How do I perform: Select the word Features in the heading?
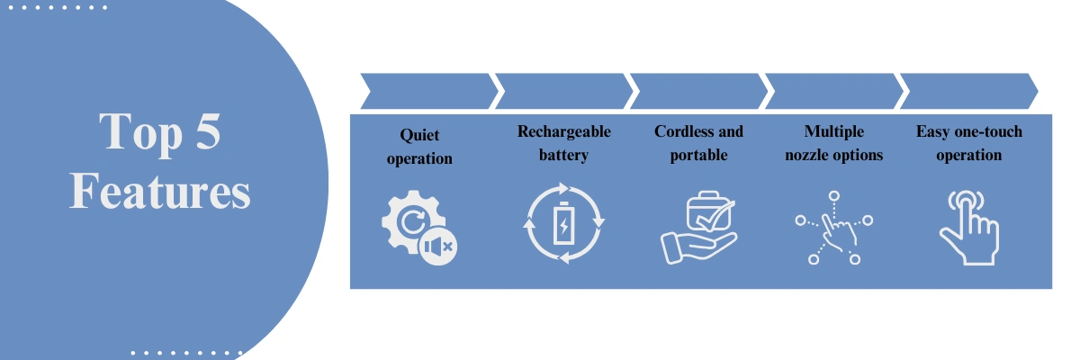(160, 192)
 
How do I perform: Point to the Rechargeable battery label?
(563, 143)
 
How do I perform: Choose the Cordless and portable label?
(698, 143)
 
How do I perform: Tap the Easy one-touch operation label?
(968, 143)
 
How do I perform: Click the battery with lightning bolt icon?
(563, 224)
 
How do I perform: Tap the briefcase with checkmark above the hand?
(708, 214)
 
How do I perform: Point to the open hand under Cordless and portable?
(693, 247)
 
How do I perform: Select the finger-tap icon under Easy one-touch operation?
(967, 229)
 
